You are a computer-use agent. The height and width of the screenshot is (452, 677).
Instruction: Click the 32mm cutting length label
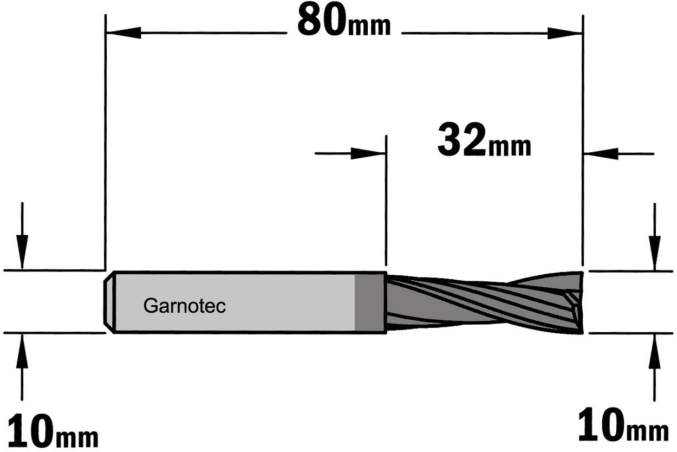pyautogui.click(x=484, y=140)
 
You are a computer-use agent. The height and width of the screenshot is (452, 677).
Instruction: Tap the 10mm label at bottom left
pyautogui.click(x=53, y=431)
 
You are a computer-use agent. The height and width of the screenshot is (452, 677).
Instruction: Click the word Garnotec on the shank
pyautogui.click(x=184, y=306)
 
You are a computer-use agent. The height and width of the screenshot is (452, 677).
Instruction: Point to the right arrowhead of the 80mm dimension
pyautogui.click(x=564, y=33)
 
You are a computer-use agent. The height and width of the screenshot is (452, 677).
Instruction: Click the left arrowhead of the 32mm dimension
pyautogui.click(x=368, y=153)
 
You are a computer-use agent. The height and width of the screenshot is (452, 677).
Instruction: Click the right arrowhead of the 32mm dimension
pyautogui.click(x=601, y=154)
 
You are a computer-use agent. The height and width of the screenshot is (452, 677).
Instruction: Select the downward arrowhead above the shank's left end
pyautogui.click(x=22, y=251)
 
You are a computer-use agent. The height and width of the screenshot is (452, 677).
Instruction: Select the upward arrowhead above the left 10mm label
pyautogui.click(x=22, y=351)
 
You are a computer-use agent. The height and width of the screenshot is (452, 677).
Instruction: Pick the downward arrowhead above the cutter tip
pyautogui.click(x=654, y=253)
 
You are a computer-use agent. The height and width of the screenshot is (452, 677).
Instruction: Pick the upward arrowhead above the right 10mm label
pyautogui.click(x=654, y=351)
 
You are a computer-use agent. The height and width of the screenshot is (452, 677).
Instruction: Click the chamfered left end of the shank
pyautogui.click(x=109, y=302)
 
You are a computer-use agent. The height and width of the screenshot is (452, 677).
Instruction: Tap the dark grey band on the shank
pyautogui.click(x=370, y=302)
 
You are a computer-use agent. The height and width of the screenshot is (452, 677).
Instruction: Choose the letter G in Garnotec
pyautogui.click(x=149, y=306)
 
